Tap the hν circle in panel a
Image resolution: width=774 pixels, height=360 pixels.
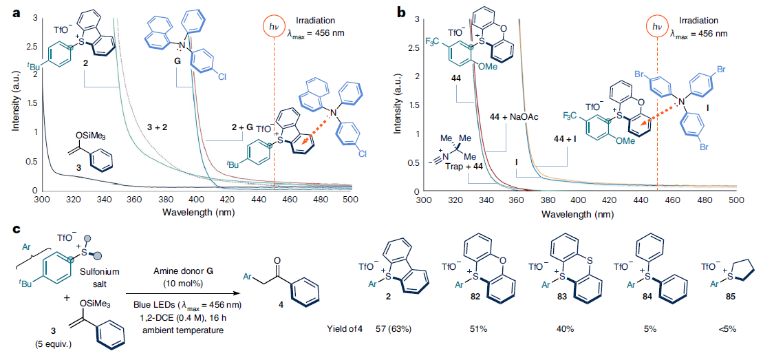[273, 27]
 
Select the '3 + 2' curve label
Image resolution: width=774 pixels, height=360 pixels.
[159, 127]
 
